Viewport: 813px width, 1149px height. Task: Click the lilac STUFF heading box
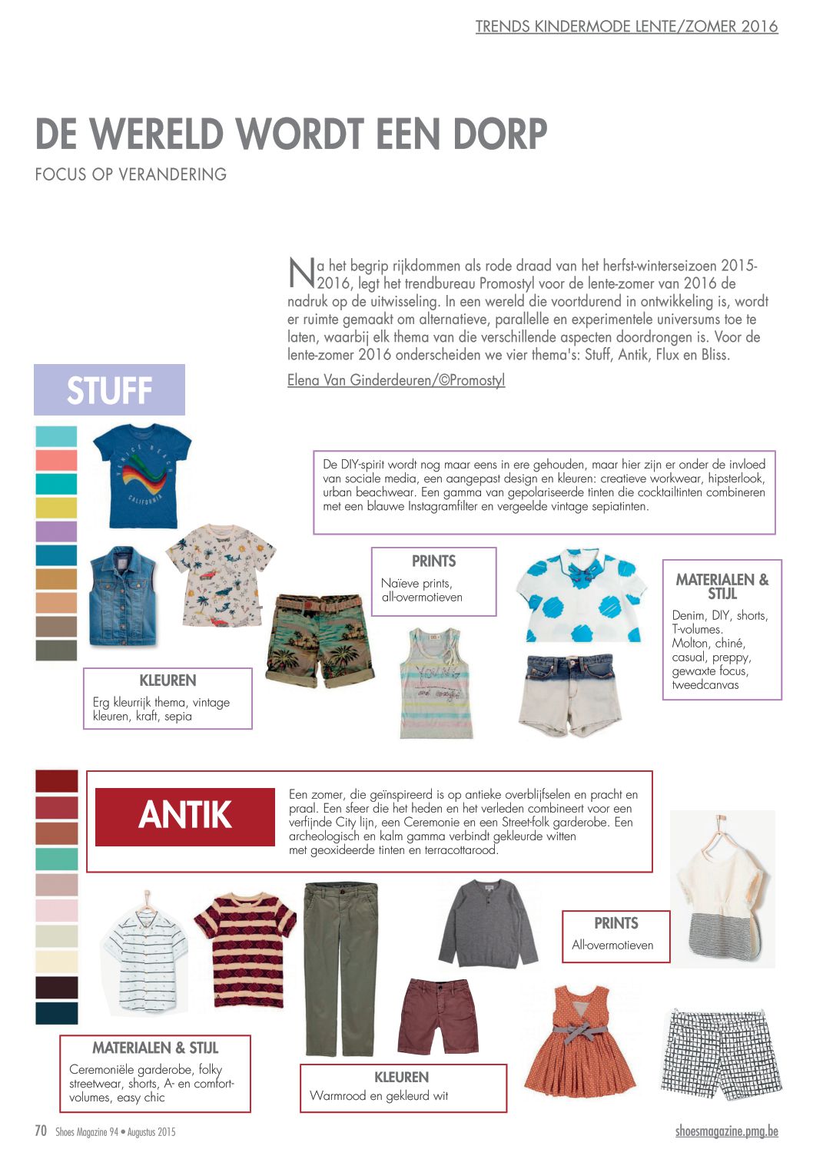pos(109,389)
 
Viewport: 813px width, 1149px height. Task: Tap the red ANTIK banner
pos(184,816)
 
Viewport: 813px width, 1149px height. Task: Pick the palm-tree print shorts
pos(320,639)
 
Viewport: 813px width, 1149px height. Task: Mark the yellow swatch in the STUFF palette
pos(56,508)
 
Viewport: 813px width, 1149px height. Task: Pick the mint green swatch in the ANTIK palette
pos(56,859)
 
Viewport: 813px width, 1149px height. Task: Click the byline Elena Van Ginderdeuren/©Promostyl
pos(396,380)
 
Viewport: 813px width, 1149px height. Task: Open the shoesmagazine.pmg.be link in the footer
pos(726,1131)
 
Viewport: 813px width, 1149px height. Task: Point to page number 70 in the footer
pos(41,1131)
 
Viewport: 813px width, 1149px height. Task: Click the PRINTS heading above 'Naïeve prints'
pos(433,561)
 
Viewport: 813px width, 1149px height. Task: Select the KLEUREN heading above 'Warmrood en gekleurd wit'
pos(401,1077)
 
